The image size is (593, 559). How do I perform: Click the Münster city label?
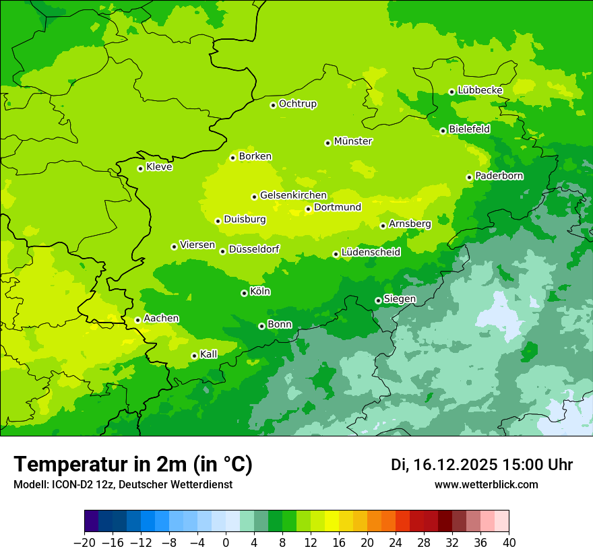pos(353,141)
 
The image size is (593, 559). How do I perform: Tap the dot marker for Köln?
pos(244,293)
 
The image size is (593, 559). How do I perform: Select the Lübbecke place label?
pos(480,90)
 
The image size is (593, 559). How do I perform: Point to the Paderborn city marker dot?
pos(469,177)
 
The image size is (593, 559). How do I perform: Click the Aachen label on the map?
pos(161,319)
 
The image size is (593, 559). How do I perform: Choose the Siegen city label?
pos(400,299)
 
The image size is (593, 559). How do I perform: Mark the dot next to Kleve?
pos(140,168)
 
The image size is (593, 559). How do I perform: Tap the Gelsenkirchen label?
pos(293,195)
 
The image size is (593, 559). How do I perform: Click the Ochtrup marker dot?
pos(273,105)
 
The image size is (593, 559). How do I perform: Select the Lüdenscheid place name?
pos(371,253)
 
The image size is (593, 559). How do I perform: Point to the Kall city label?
pos(209,354)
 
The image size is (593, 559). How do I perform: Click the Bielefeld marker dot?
pos(443,131)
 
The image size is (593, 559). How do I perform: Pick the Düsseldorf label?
pos(254,249)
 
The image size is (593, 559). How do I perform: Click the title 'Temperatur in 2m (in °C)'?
pos(133,465)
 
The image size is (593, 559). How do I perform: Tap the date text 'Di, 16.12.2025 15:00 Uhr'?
pos(482,465)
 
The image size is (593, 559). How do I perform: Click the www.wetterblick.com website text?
pos(486,485)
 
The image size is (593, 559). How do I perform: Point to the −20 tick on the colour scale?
pos(84,543)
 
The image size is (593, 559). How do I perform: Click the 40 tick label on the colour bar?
pos(509,543)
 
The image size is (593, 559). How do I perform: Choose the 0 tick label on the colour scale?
pos(226,543)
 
